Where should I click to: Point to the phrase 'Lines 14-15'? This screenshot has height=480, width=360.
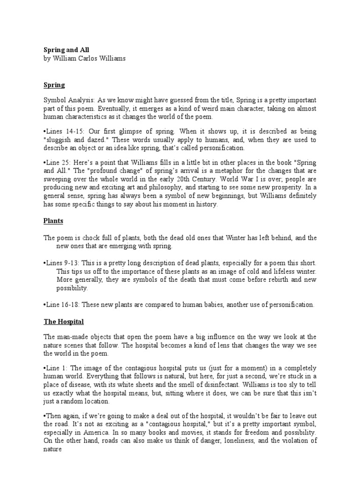[x=62, y=131]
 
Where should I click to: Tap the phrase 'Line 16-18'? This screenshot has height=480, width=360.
[x=61, y=304]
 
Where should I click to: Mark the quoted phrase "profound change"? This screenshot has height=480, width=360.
[x=104, y=171]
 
